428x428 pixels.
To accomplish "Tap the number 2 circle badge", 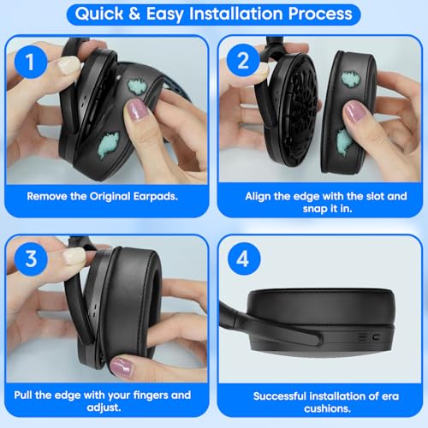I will pos(242,60).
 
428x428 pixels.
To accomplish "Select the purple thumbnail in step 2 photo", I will pos(354,110).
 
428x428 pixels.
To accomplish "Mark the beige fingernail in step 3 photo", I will pos(74,255).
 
